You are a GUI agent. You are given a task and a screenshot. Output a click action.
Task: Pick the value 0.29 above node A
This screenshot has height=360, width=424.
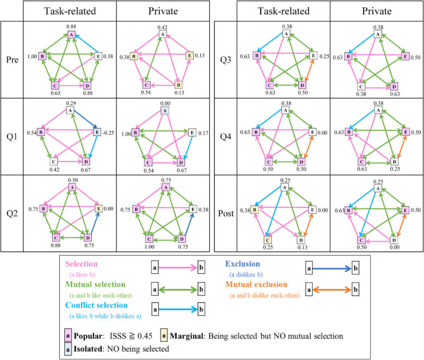click(x=71, y=104)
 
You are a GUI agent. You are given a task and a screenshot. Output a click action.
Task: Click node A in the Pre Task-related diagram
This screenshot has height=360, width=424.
click(x=71, y=34)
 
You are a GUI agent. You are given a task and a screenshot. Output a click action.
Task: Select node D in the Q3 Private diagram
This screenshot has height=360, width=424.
click(x=393, y=86)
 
